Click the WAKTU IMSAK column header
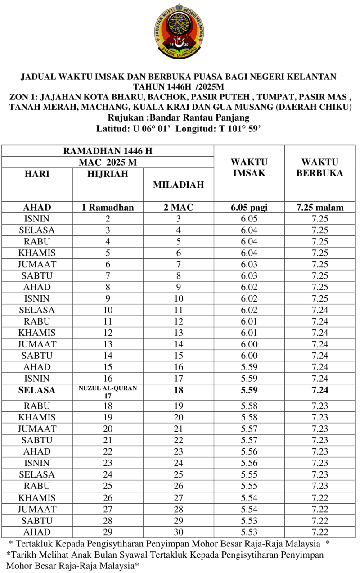click(249, 167)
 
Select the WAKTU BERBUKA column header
click(319, 167)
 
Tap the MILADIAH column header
click(178, 185)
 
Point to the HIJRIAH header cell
click(108, 174)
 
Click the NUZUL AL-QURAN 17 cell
click(108, 390)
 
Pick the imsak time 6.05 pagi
click(249, 208)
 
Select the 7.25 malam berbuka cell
click(319, 208)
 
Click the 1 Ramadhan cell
click(108, 208)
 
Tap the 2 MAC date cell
click(178, 208)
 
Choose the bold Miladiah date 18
click(178, 390)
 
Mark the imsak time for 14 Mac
click(249, 344)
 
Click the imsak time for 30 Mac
click(249, 532)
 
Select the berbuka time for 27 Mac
click(319, 498)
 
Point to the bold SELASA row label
click(37, 390)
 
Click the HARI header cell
click(37, 174)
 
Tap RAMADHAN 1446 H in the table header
click(108, 151)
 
